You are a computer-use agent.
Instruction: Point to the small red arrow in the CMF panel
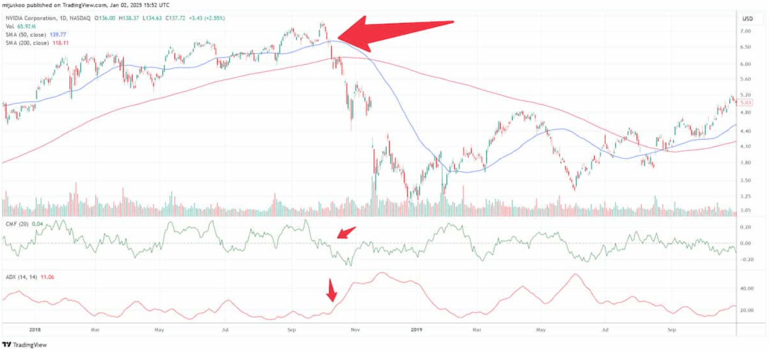tap(346, 233)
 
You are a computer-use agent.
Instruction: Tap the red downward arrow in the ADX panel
tap(332, 290)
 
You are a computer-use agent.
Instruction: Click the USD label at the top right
tap(747, 19)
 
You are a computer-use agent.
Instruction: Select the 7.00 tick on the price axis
tap(745, 32)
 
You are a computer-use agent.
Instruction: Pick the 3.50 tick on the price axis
tap(745, 181)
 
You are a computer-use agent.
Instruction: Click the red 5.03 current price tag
tap(745, 103)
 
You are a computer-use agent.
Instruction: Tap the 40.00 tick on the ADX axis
tap(746, 289)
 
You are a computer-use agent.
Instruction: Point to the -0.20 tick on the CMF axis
tap(746, 260)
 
